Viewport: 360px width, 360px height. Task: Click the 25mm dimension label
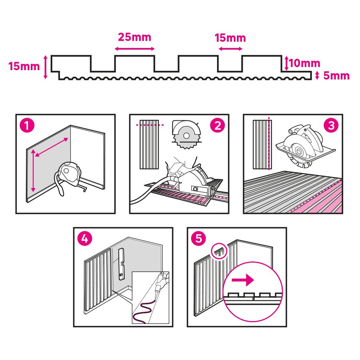(134, 38)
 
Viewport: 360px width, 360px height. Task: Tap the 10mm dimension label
(304, 63)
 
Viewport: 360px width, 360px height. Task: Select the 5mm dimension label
(336, 76)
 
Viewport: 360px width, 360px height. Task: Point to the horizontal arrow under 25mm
(135, 49)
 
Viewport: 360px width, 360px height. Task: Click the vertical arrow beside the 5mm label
(317, 76)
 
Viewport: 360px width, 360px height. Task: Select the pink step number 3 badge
(331, 125)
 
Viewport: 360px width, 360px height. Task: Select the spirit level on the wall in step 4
(121, 263)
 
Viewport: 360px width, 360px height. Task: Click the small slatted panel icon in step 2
(149, 144)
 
